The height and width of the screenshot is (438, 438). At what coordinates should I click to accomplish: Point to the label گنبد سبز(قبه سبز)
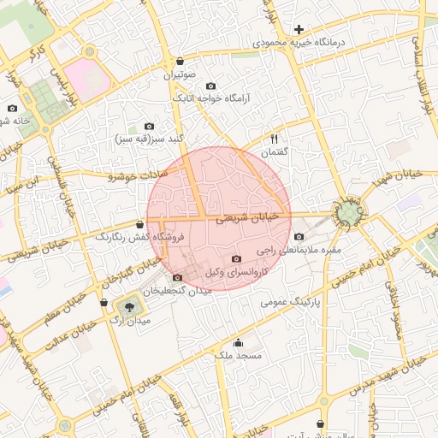coord(150,139)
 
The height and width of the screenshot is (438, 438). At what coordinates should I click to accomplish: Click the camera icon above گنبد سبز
coord(150,126)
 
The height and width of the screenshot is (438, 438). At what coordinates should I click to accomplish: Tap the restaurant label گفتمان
coord(274,151)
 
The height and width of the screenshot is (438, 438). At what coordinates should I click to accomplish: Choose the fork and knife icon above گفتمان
coord(274,139)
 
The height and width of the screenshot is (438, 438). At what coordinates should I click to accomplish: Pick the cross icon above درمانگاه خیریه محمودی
coord(299,29)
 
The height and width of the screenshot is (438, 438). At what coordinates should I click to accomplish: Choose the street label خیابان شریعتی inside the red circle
coord(247,219)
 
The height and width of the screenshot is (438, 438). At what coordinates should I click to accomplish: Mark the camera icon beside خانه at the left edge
coord(13,108)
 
